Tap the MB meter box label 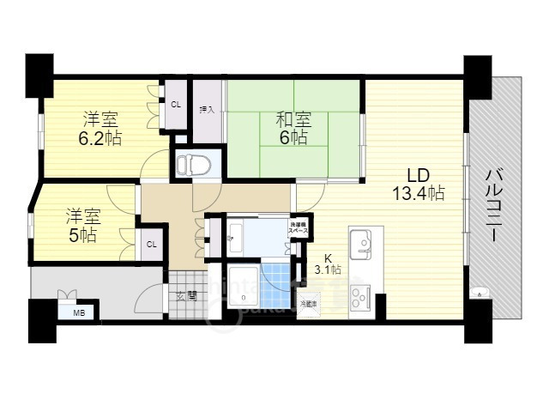tap(79, 312)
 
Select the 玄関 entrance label tap(186, 296)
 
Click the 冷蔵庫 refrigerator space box tap(309, 304)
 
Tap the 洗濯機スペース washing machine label tap(299, 229)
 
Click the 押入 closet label tap(206, 109)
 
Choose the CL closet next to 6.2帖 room tap(176, 105)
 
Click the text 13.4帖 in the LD tap(418, 192)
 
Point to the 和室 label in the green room tap(293, 120)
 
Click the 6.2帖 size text tap(101, 138)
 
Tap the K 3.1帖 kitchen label tap(327, 264)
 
